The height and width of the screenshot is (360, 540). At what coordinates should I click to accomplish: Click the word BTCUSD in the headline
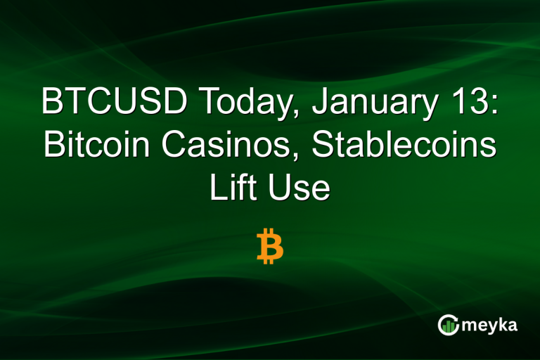[x=114, y=103]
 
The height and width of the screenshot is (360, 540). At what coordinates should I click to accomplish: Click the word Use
[x=302, y=188]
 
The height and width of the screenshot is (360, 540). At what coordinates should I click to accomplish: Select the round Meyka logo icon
[x=449, y=324]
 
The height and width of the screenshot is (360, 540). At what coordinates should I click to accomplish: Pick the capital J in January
[x=319, y=103]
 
